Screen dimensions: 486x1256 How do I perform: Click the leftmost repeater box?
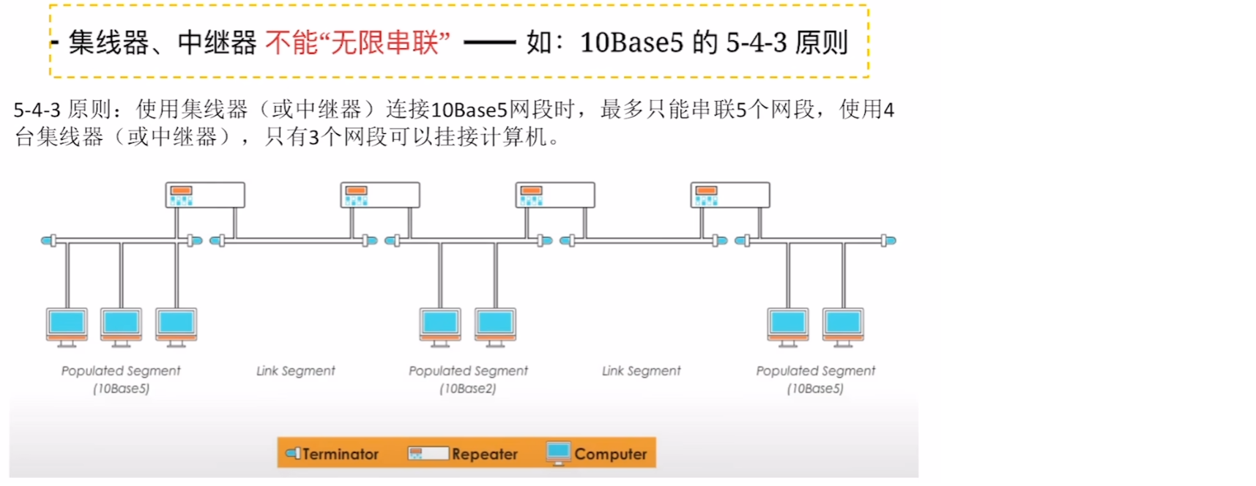(x=205, y=195)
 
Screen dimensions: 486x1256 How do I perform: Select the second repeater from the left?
(x=380, y=195)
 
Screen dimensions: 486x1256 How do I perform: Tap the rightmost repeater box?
(x=730, y=195)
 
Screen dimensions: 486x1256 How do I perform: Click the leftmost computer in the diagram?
(x=67, y=325)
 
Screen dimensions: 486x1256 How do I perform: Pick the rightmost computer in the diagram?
(x=843, y=325)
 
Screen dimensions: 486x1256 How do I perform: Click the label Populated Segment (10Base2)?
(x=468, y=379)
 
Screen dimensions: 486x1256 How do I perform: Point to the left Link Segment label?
(x=295, y=371)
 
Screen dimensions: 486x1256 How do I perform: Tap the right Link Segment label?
(x=641, y=371)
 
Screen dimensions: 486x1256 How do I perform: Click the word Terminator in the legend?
(x=341, y=454)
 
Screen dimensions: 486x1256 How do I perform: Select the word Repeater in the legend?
(x=485, y=454)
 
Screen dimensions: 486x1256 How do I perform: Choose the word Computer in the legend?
(x=611, y=454)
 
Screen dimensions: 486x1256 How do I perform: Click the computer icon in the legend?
(x=558, y=452)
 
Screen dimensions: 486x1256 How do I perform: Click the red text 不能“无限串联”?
(x=357, y=42)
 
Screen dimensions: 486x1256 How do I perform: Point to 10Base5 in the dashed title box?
(x=631, y=42)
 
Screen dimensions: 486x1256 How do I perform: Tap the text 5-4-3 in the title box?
(x=757, y=42)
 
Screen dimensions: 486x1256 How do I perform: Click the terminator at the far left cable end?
(x=48, y=240)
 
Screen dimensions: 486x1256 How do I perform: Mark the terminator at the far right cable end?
(x=888, y=240)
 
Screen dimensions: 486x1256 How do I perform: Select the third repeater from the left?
(x=555, y=195)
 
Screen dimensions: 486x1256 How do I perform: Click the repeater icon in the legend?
(x=428, y=454)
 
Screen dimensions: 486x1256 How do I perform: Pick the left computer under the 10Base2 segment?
(x=440, y=325)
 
